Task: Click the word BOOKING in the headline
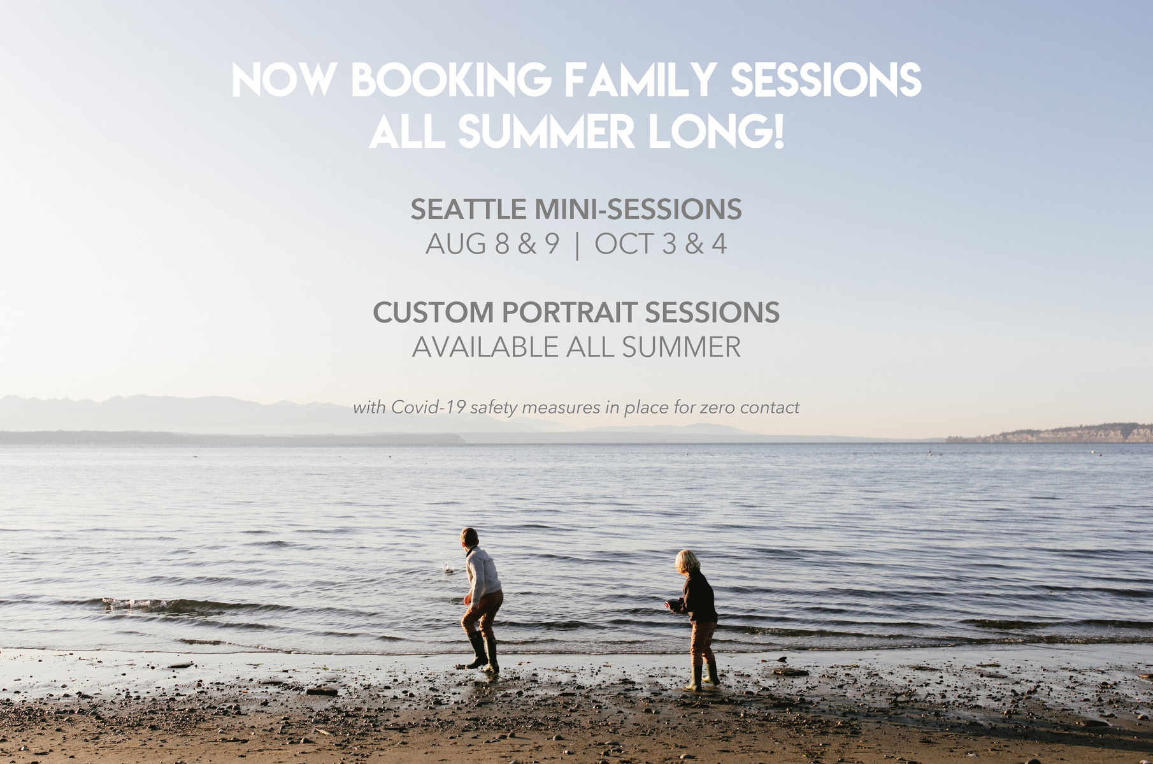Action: pos(451,80)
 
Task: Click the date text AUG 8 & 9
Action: pos(492,244)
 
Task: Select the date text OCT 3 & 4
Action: pos(661,244)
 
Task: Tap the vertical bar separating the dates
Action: pos(577,245)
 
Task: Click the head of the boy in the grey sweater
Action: pos(469,537)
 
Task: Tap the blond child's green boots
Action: pos(703,677)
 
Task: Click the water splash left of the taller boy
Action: pos(449,567)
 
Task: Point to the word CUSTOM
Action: pos(433,312)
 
